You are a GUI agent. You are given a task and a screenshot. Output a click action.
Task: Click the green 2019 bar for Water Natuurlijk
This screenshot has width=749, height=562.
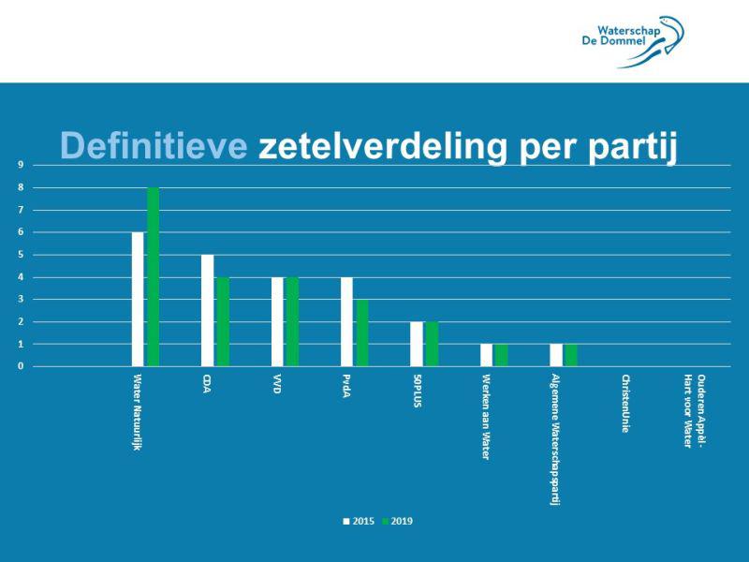(153, 277)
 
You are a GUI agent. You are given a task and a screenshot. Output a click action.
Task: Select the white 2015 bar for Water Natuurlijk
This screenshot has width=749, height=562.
(138, 300)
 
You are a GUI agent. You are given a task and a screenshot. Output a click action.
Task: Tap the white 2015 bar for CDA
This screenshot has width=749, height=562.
(207, 311)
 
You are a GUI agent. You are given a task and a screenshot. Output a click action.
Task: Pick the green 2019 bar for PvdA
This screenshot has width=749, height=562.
(362, 333)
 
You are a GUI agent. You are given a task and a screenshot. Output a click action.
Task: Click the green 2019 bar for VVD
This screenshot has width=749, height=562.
(292, 322)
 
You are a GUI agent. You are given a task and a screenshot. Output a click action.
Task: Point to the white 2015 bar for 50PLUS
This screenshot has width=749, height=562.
(416, 345)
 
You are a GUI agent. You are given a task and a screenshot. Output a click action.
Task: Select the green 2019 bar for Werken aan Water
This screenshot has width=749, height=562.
(501, 356)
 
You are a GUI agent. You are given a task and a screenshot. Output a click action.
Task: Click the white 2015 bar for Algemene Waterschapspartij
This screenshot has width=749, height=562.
(556, 356)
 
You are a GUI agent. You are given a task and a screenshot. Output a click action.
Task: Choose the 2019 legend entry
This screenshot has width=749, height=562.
(398, 521)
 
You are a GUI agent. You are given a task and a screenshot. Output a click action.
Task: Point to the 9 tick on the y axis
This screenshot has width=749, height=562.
(21, 165)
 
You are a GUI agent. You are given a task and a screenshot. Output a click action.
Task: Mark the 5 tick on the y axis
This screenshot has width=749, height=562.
(21, 255)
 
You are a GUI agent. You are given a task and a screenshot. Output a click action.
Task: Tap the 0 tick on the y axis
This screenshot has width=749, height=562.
(21, 366)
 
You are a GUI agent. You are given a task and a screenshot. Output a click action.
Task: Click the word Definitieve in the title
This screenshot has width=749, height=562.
(154, 146)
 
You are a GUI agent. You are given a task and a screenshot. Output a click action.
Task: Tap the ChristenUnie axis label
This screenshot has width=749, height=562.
(624, 404)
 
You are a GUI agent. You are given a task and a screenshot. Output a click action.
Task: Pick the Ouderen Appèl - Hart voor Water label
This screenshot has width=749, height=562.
(694, 410)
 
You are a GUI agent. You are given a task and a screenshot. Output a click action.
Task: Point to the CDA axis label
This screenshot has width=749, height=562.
(207, 384)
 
